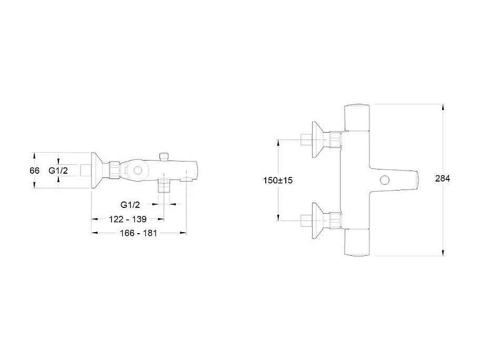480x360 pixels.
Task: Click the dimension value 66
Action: point(35,171)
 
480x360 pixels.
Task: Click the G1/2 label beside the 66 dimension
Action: point(57,171)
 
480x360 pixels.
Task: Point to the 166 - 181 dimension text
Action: point(138,232)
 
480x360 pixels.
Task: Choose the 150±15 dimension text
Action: point(278,180)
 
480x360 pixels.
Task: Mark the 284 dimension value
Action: point(443,178)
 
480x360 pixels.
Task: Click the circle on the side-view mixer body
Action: point(137,171)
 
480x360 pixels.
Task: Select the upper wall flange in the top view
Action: point(316,139)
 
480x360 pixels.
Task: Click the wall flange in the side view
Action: point(96,171)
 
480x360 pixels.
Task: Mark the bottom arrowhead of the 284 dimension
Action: point(443,253)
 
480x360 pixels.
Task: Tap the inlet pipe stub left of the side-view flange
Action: point(85,171)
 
